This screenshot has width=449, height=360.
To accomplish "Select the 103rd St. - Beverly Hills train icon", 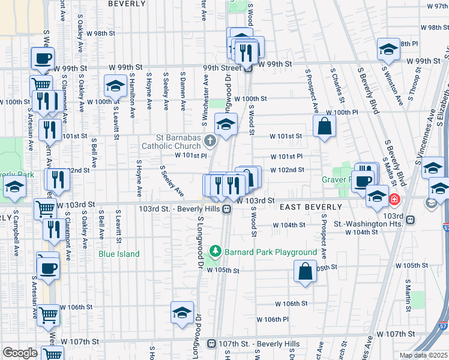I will point(227,209).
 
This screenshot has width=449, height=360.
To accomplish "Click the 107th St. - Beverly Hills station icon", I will point(211,344).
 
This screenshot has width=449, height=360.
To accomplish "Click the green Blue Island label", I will point(119,254).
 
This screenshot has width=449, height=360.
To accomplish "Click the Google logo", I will point(20,353).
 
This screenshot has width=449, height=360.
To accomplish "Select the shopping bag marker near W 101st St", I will point(324,127).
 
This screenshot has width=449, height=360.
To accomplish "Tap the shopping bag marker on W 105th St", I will point(306,271).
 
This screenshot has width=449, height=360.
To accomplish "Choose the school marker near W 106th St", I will point(182,313).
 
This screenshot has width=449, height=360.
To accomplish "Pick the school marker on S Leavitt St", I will point(115,86).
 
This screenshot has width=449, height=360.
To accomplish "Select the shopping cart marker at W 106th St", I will point(48,314).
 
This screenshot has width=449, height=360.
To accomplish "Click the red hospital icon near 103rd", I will point(394,199).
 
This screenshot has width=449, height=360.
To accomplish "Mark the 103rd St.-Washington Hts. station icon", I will point(410,220).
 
